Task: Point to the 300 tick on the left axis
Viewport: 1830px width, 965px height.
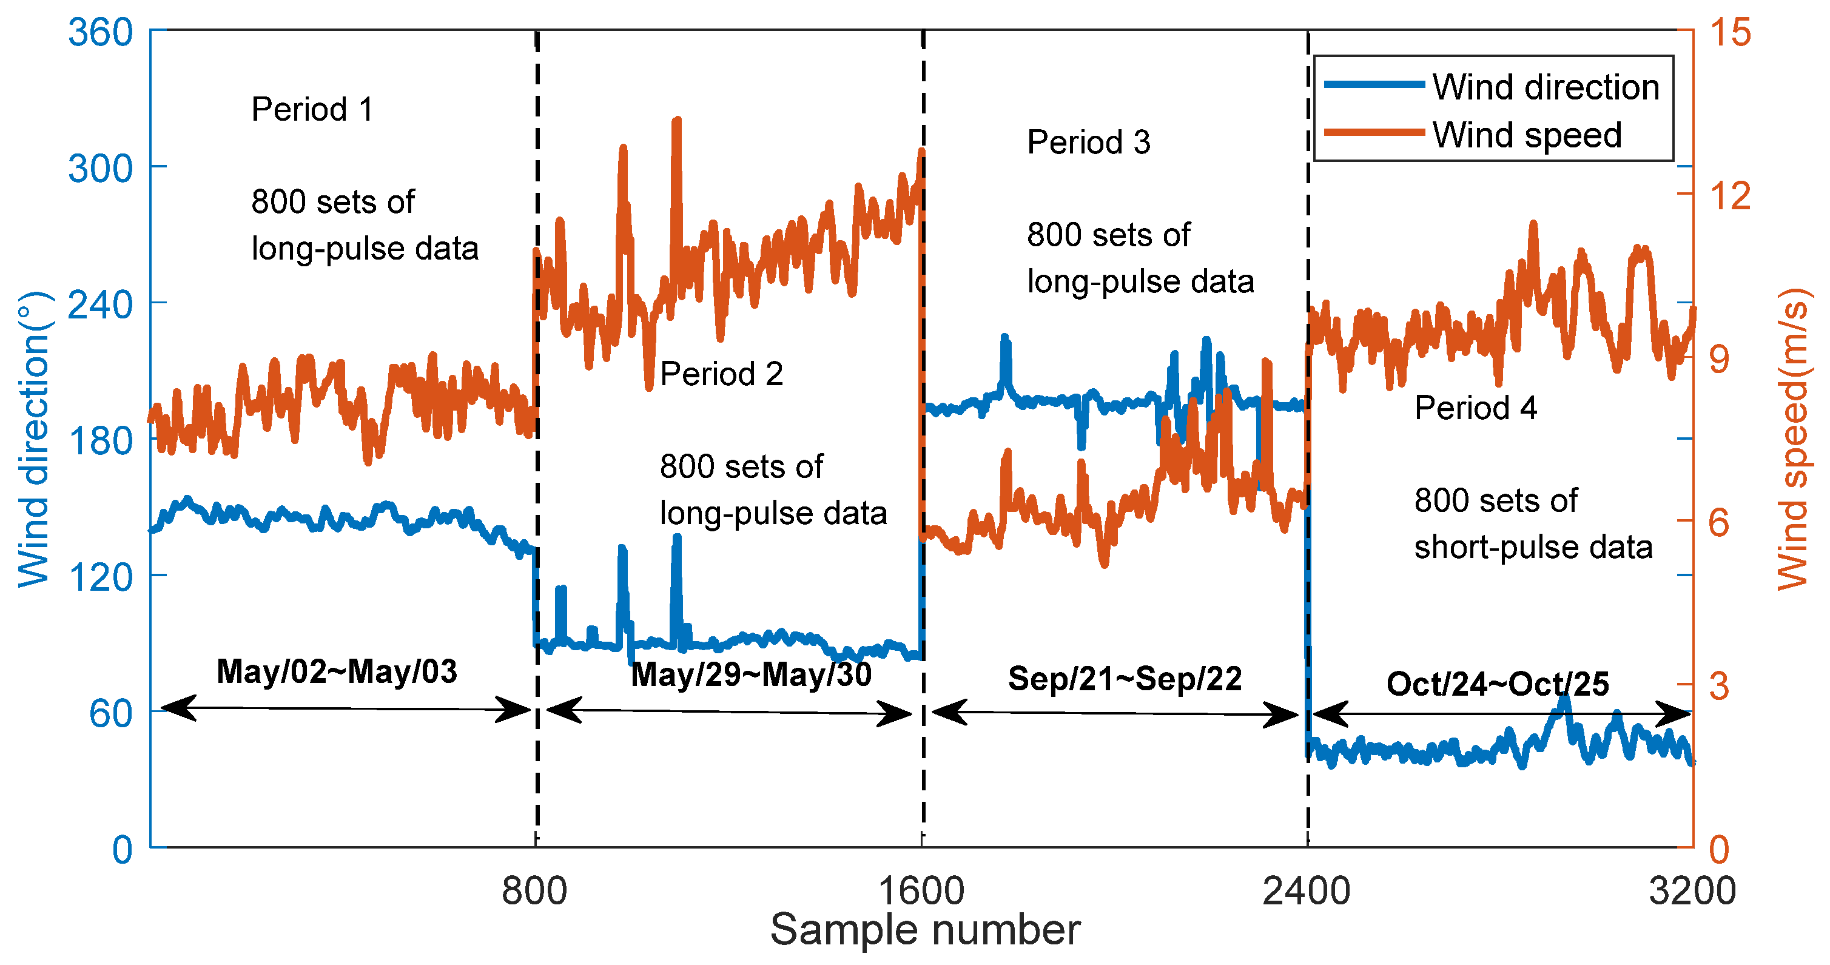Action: [100, 169]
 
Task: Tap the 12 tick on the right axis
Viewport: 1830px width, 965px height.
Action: [1730, 195]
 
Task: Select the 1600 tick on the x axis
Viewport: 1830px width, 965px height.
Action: [921, 891]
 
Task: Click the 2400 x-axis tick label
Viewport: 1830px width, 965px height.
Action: [1306, 891]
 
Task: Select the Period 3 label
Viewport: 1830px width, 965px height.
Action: [1088, 142]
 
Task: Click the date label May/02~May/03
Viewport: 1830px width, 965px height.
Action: [337, 671]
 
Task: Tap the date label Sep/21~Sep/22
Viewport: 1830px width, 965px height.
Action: [1125, 679]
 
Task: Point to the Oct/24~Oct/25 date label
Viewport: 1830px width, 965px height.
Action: [1498, 684]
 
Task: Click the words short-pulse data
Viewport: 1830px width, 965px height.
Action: [1533, 547]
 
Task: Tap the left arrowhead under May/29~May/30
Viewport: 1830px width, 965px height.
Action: [561, 709]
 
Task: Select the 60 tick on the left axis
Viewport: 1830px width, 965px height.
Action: [111, 713]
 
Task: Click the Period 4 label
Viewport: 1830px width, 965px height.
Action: [1476, 408]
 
